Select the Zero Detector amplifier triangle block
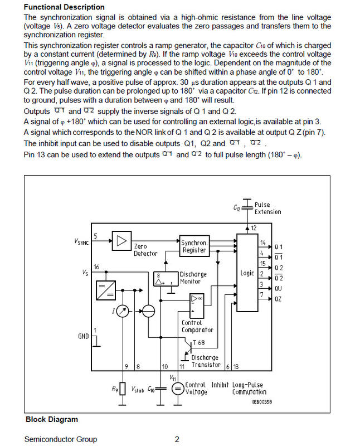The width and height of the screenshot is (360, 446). coord(120,241)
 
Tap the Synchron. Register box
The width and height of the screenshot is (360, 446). coord(194,246)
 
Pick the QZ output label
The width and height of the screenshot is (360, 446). coord(278,299)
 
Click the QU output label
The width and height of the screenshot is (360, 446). coord(278,289)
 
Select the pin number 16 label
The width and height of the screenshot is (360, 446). coord(97,268)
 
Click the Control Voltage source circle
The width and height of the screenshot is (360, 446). coord(177,389)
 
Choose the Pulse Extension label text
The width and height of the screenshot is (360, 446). coord(267,209)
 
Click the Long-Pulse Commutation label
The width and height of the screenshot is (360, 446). coord(249,389)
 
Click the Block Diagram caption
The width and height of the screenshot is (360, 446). coord(51,419)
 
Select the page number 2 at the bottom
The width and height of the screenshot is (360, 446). coord(177,439)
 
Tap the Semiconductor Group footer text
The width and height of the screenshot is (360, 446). coord(60,439)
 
